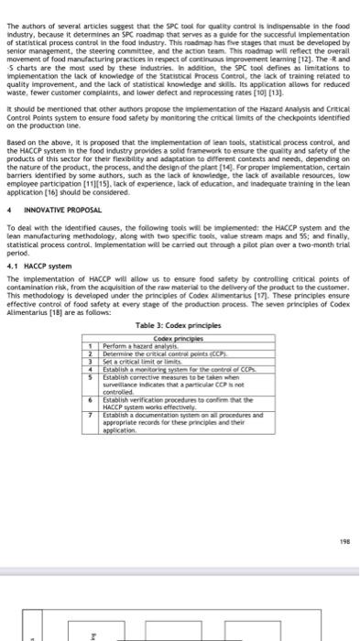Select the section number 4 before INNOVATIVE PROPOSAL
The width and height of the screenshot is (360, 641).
(x=8, y=211)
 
